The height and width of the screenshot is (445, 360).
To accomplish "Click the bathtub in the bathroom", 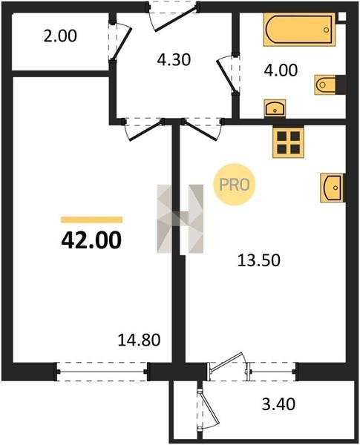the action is tap(300, 29).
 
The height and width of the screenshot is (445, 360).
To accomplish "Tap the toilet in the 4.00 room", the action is tap(325, 85).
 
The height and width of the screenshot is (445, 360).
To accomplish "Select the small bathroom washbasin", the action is tap(275, 108).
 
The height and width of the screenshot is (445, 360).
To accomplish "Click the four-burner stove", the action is tap(289, 142).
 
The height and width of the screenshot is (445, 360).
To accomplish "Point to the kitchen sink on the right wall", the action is tap(333, 188).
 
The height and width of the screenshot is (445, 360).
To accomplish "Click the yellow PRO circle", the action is tap(235, 185).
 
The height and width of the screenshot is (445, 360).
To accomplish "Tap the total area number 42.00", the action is tap(91, 240).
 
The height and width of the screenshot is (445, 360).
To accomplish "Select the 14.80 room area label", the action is tap(140, 340).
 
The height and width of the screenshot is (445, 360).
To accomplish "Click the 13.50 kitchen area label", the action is tap(259, 260).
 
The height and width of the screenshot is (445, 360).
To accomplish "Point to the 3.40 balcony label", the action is tap(278, 404).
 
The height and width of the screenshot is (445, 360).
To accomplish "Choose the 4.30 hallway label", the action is tap(174, 60).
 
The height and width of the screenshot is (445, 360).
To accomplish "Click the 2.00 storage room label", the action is tap(60, 36).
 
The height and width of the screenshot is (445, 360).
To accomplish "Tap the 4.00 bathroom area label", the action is tap(281, 70).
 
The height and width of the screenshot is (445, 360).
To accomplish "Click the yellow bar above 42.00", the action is tap(91, 220).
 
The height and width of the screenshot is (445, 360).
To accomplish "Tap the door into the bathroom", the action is tap(228, 75).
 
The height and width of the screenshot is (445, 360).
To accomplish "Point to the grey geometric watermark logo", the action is tap(180, 219).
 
